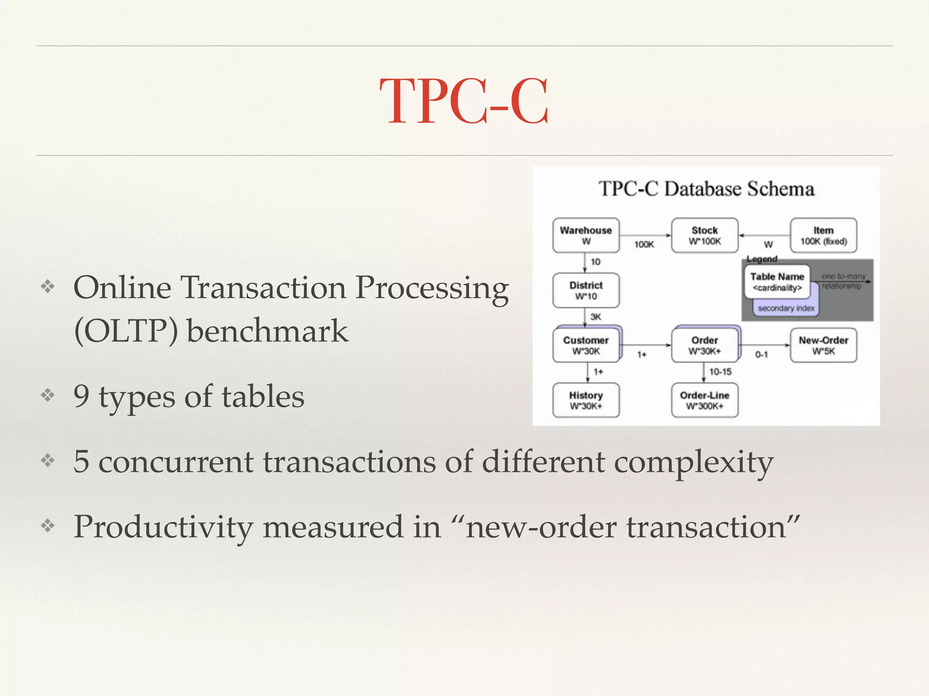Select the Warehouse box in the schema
pos(586,235)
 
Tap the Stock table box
pos(704,235)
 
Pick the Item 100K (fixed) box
pos(823,235)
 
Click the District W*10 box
pos(586,290)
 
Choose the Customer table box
pos(586,345)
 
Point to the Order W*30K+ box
pos(704,345)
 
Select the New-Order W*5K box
pos(823,345)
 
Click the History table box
pos(586,400)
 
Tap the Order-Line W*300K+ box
pos(704,400)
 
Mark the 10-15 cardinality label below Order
pos(720,372)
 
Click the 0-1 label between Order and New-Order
pos(762,355)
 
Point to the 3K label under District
pos(596,317)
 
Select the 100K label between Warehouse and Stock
pos(644,245)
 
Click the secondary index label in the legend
pos(786,309)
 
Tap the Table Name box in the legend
pos(777,281)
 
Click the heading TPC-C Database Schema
pos(706,189)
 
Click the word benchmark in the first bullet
pos(267,330)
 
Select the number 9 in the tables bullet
pos(81,396)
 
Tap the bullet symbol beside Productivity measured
pos(48,526)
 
